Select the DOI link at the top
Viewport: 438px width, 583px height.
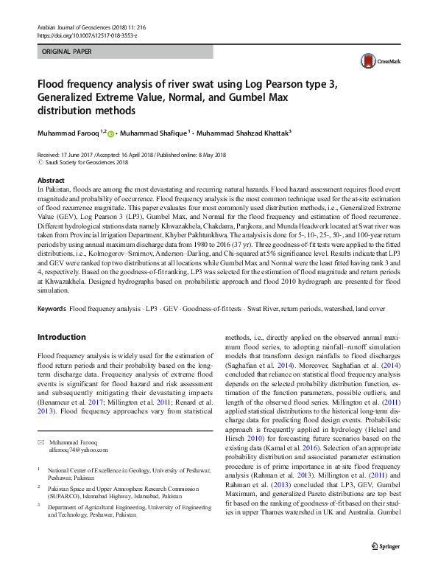coord(87,35)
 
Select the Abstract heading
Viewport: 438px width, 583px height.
coord(50,181)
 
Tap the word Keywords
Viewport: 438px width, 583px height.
coord(52,307)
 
